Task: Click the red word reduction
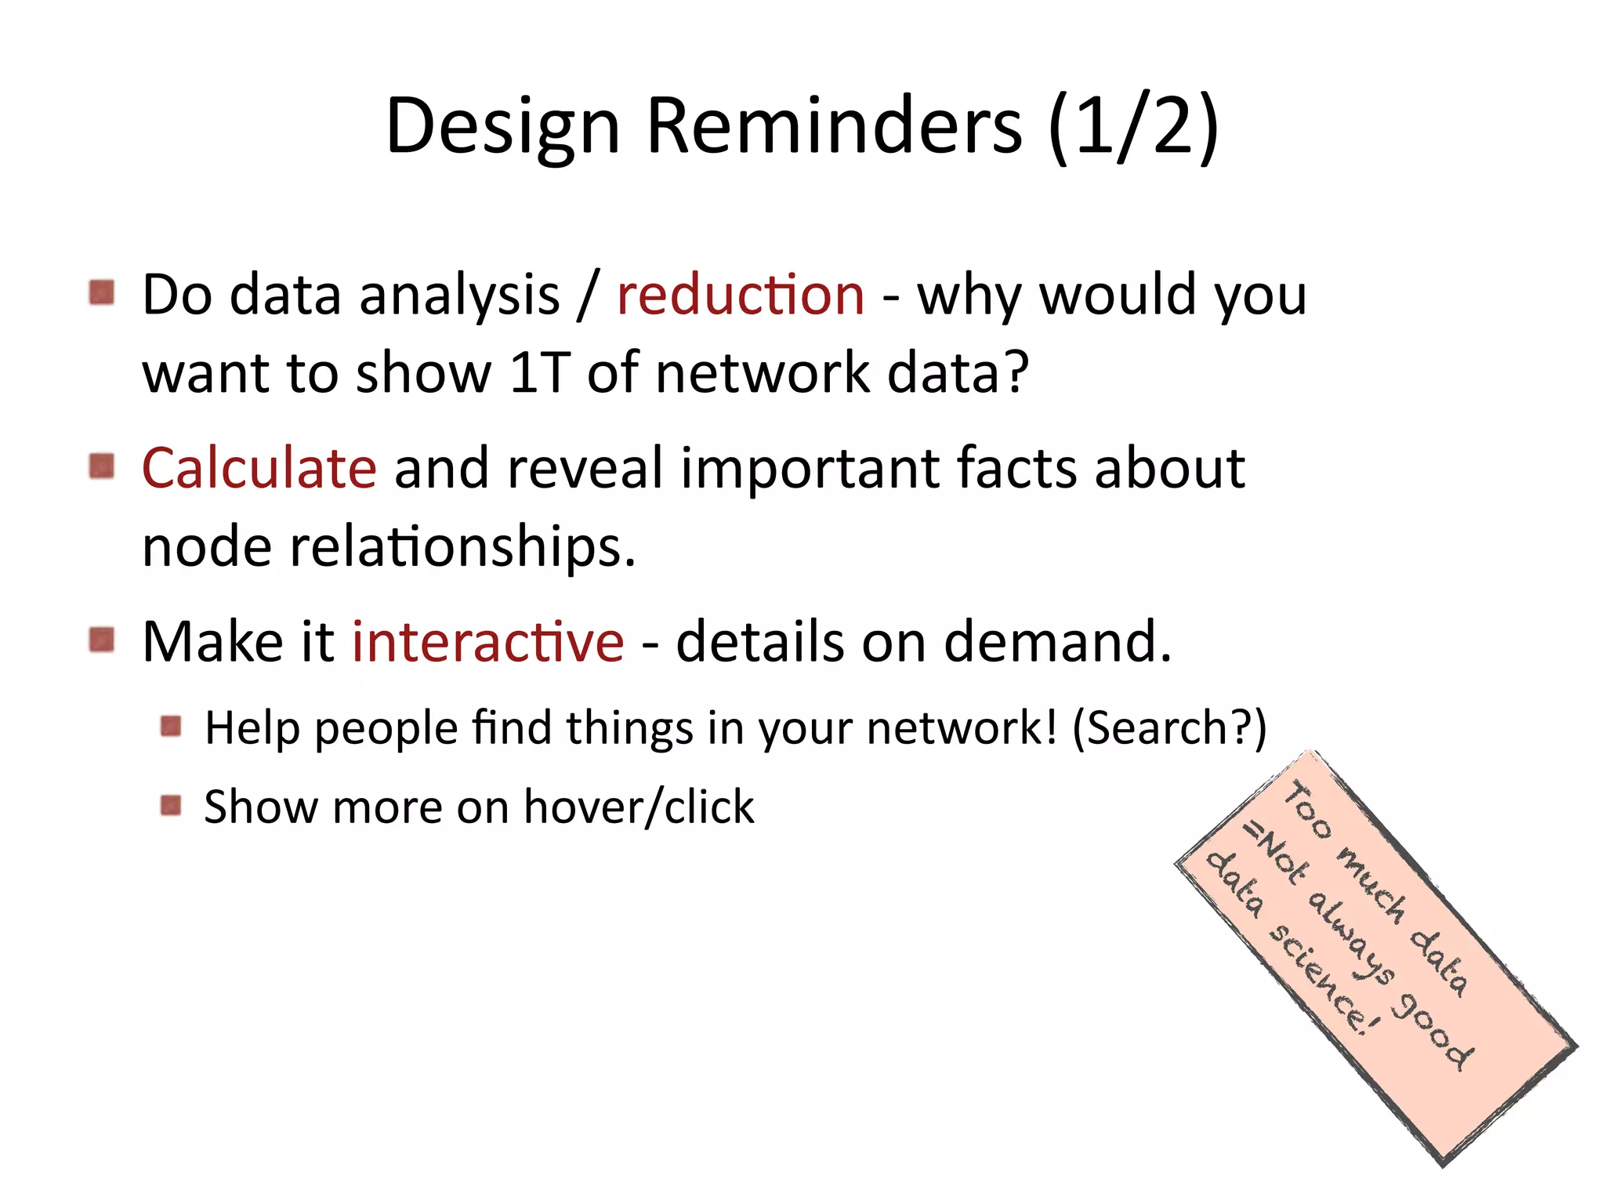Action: (x=741, y=296)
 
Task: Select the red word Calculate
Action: (x=259, y=468)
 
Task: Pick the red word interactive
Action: (x=487, y=642)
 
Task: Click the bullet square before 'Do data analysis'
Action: (x=102, y=293)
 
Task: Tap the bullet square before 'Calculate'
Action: (x=102, y=466)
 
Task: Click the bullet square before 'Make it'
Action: (x=102, y=640)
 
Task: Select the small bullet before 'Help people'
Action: (x=171, y=727)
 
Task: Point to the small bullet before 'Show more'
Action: (x=171, y=806)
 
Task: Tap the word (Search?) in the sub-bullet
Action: (x=1168, y=728)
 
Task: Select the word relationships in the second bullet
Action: (x=462, y=548)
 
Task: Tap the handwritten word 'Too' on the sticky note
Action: (x=1307, y=811)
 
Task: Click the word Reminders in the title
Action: (x=834, y=125)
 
